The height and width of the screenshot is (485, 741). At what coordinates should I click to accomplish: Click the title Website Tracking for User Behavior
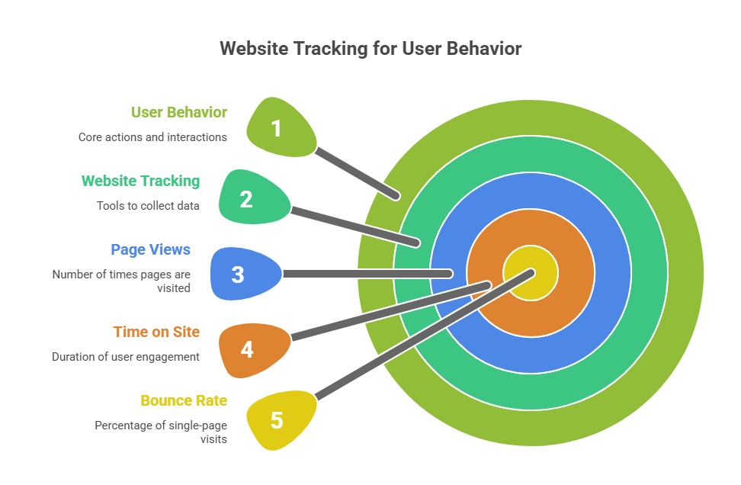(x=370, y=49)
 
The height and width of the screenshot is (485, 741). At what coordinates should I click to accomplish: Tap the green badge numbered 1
(x=278, y=128)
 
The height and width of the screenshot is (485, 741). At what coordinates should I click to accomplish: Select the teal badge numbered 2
(x=250, y=199)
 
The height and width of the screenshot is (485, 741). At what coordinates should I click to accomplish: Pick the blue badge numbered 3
(x=242, y=274)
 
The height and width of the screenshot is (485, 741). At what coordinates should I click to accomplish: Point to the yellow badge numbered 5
(x=278, y=420)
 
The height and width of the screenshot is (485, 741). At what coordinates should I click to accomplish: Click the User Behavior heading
(x=179, y=113)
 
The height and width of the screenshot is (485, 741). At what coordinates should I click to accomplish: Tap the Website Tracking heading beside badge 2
(x=141, y=181)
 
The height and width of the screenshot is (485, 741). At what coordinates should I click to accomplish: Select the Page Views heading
(x=151, y=249)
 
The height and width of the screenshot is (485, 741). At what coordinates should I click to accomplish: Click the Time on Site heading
(x=156, y=332)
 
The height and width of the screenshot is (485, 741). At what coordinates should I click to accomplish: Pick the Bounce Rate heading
(x=184, y=400)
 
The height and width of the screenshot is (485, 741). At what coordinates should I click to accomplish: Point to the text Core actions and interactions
(x=152, y=137)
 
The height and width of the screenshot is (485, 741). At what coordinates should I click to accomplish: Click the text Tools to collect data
(x=148, y=205)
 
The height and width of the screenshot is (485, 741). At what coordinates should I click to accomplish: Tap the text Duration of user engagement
(x=126, y=356)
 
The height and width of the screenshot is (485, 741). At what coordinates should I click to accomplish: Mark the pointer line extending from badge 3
(x=366, y=273)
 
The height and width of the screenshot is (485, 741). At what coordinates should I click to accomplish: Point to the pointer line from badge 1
(x=357, y=172)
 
